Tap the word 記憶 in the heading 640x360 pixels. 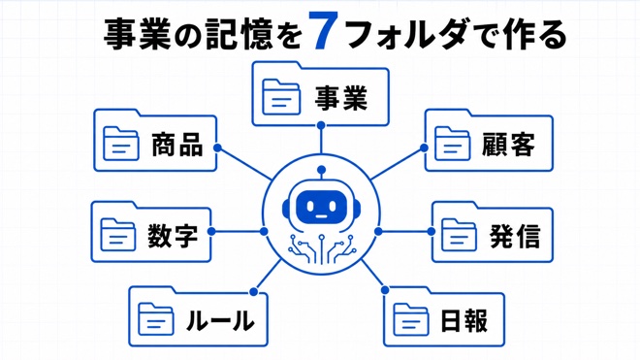point(239,34)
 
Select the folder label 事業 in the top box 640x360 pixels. point(340,97)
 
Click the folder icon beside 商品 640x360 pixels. point(120,143)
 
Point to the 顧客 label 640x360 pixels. point(508,145)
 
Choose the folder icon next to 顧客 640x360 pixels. point(452,143)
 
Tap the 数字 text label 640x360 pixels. point(173,236)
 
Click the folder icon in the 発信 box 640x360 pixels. point(460,235)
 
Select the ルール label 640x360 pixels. point(220,320)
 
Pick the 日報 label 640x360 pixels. point(464,320)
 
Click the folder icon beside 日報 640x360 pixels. point(411,319)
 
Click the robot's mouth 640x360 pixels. point(321,216)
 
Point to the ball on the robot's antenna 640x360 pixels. point(321,170)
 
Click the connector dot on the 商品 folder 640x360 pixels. point(217,147)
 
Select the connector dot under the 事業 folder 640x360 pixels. point(321,125)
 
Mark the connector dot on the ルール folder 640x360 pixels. point(253,292)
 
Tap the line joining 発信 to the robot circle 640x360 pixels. point(404,232)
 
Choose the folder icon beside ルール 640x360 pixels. point(156,319)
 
